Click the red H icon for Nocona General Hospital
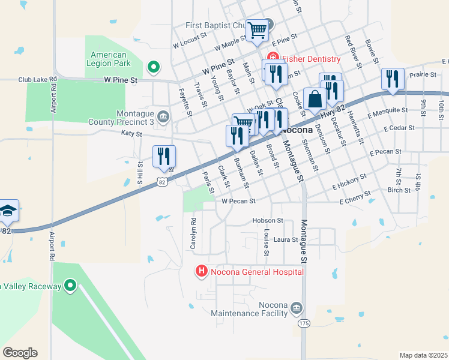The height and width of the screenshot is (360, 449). click(202, 272)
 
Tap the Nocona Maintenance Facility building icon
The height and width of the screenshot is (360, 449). click(295, 308)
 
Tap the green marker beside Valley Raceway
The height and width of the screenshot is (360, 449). click(70, 286)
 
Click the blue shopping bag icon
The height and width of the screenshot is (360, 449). click(315, 100)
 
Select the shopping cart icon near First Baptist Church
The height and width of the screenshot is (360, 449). click(257, 30)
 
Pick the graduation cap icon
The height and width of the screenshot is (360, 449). click(7, 211)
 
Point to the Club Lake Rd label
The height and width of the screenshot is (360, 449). click(37, 79)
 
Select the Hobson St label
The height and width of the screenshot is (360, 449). click(267, 221)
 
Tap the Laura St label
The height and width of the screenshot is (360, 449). click(286, 239)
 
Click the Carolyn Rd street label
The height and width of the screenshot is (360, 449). click(193, 233)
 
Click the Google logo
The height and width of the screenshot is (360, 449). click(20, 353)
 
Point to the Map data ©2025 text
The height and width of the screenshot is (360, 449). click(423, 355)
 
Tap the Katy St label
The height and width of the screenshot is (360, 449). click(131, 133)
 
